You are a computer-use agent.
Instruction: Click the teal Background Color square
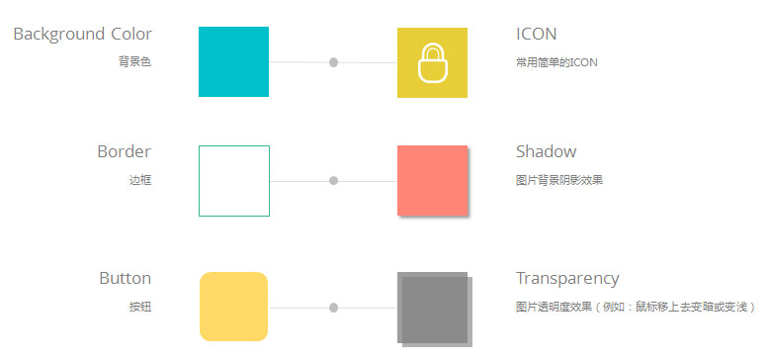pos(233,61)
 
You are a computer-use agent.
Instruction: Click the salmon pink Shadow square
pos(433,180)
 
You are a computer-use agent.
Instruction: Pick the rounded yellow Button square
pos(233,307)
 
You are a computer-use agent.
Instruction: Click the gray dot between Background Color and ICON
pos(333,62)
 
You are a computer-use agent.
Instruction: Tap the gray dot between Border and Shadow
pos(333,181)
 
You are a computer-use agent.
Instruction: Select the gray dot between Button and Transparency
pos(333,308)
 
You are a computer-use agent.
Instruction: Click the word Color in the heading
pos(131,35)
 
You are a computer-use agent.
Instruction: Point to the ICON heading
pos(537,35)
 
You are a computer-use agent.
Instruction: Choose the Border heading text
pos(124,151)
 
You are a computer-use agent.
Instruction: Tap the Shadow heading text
pos(547,151)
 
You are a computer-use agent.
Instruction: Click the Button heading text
pos(126,278)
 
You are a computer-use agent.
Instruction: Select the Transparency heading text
pos(567,279)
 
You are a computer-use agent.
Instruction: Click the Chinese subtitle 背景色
pos(134,62)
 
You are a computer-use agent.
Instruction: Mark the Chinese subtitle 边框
pos(140,180)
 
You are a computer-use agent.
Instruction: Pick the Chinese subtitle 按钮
pos(140,308)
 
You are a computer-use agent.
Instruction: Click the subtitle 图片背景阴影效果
pos(559,180)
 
